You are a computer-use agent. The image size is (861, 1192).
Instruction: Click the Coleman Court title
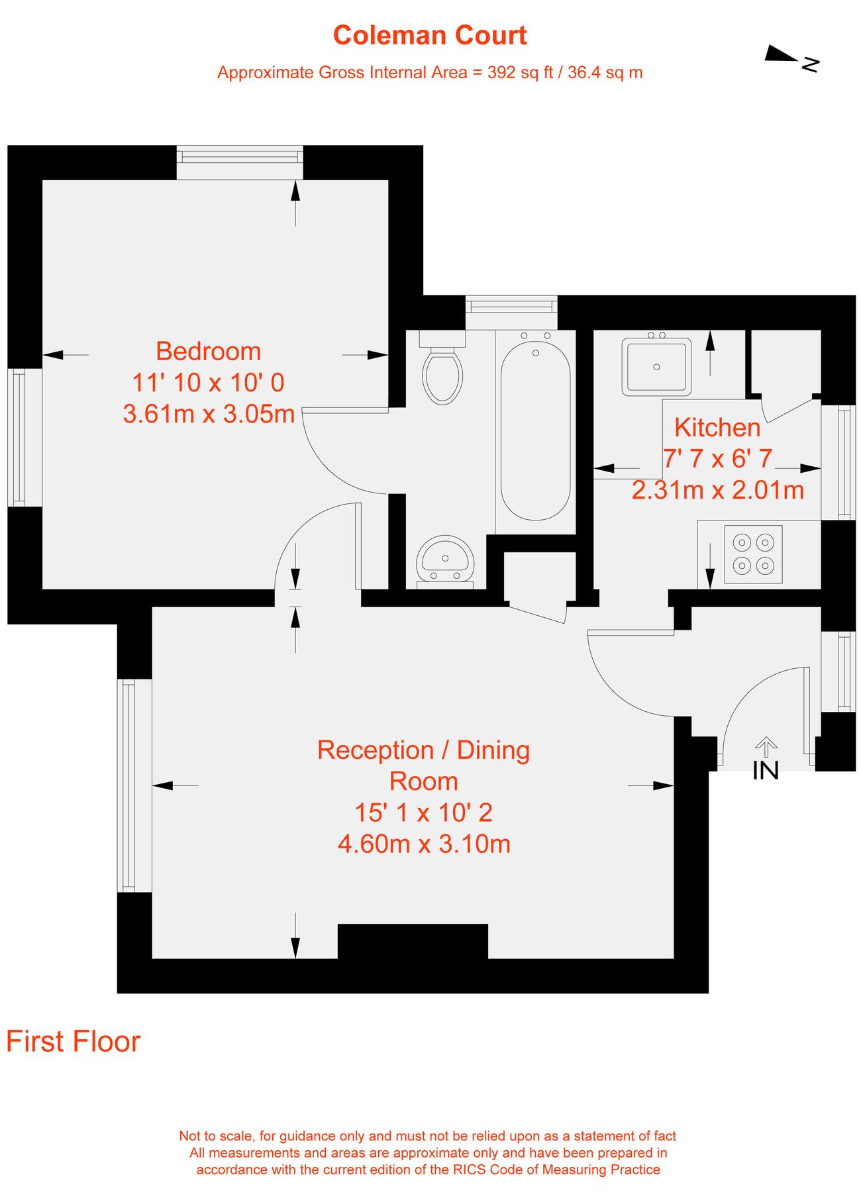(430, 35)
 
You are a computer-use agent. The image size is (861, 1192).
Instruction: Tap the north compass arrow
(782, 54)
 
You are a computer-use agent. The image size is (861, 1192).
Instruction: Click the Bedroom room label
(209, 351)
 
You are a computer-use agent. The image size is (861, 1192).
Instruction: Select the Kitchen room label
(717, 427)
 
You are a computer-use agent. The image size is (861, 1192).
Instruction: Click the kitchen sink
(656, 366)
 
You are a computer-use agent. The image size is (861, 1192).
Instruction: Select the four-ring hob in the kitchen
(754, 554)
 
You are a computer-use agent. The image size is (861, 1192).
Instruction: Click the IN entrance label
(766, 770)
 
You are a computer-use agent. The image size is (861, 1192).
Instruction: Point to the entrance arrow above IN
(766, 746)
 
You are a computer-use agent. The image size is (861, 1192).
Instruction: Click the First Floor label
(74, 1042)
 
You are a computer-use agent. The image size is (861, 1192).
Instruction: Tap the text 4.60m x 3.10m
(424, 844)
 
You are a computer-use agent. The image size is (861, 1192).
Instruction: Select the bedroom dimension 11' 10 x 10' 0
(209, 382)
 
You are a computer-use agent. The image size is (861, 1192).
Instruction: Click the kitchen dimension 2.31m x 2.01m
(718, 490)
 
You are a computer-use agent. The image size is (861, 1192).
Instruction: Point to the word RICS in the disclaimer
(469, 1169)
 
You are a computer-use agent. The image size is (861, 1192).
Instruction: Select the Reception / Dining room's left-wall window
(134, 785)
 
